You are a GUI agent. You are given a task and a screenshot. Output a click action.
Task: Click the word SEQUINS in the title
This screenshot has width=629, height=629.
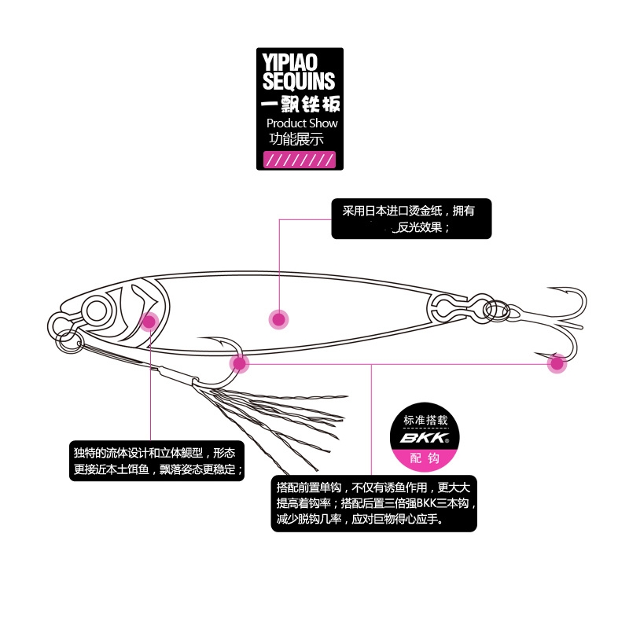299,80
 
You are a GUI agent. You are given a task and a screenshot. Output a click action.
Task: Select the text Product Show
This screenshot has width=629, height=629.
302,123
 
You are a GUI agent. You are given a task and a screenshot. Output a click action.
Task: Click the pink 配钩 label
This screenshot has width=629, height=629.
424,458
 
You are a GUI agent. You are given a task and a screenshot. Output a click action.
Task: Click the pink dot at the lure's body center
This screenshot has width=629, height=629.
278,318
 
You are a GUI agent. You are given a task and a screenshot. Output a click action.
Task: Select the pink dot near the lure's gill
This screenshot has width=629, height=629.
149,320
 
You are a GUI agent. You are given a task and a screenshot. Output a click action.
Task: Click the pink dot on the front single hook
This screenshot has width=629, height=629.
239,363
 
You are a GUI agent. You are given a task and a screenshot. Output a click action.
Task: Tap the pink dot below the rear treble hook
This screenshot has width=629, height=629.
557,363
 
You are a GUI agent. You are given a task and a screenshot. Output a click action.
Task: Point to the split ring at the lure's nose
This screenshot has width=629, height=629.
68,340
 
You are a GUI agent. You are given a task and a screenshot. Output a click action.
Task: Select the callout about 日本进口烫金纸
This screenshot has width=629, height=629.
411,219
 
